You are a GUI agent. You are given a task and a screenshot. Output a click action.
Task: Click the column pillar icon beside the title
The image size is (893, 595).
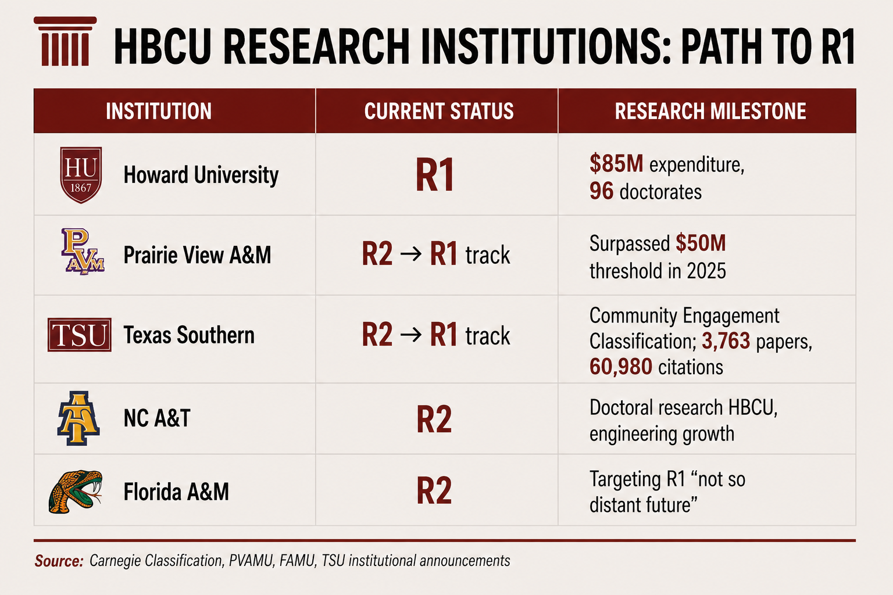(65, 41)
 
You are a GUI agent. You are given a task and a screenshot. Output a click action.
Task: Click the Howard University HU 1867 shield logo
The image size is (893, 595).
(81, 175)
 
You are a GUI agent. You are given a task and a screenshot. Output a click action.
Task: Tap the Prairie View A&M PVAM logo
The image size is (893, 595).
(83, 252)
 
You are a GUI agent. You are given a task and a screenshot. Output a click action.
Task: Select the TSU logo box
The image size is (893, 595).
(79, 335)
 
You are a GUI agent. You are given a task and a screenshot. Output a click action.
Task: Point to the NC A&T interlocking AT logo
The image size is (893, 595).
(78, 418)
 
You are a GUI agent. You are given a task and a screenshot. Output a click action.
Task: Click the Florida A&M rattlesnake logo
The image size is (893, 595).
(76, 492)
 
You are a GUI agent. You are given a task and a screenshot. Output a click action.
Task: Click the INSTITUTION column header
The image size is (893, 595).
(159, 111)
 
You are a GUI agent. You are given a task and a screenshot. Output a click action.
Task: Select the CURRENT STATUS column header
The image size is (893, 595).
(439, 111)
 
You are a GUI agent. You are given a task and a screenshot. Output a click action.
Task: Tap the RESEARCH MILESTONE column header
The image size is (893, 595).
(710, 111)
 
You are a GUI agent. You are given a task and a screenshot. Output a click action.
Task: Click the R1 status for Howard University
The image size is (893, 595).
(434, 175)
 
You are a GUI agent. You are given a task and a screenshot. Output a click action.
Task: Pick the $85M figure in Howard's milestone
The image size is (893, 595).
(616, 164)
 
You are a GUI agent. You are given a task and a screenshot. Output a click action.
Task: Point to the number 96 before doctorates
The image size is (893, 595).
(602, 191)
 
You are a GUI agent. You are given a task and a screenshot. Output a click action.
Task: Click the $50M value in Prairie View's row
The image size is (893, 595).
(701, 243)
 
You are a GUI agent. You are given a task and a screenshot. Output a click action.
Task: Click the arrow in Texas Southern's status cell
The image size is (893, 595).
(411, 335)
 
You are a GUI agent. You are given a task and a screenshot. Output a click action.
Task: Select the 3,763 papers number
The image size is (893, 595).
(726, 341)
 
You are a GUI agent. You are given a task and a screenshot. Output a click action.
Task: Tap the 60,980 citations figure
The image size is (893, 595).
(621, 367)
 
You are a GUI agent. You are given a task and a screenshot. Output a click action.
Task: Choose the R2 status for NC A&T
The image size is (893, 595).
(434, 419)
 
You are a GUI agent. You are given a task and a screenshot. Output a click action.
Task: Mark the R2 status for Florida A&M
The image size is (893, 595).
(434, 490)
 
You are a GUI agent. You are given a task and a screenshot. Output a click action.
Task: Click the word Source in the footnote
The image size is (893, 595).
(59, 561)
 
